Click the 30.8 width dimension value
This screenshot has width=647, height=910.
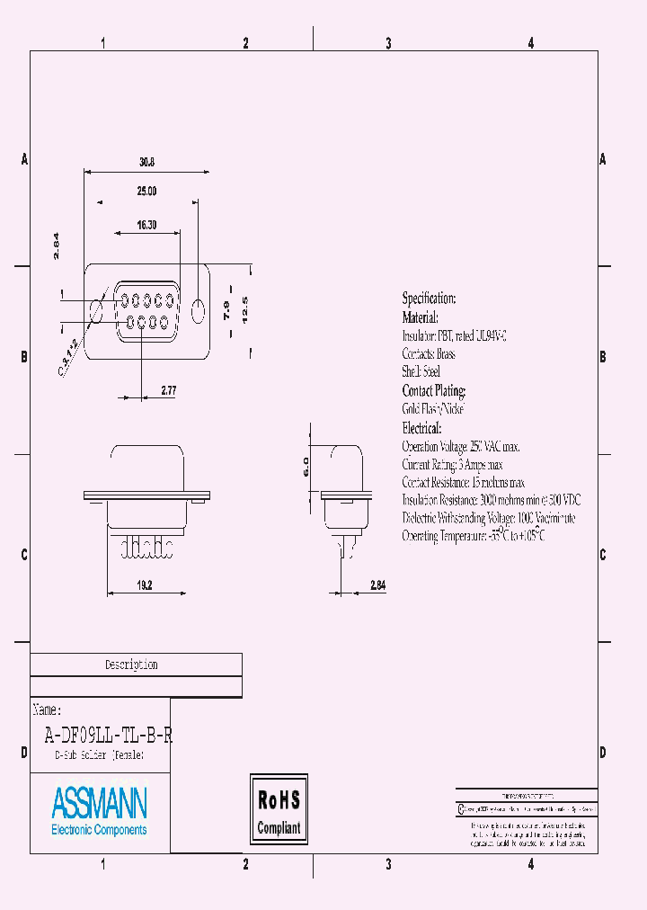[x=147, y=163]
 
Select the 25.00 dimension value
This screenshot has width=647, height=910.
[x=147, y=192]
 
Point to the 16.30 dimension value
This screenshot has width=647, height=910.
[x=147, y=225]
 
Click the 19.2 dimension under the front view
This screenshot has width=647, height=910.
[x=146, y=584]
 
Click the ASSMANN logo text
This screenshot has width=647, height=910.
[x=100, y=802]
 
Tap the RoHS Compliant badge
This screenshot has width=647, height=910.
[x=279, y=813]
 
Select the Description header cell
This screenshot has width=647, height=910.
[x=131, y=665]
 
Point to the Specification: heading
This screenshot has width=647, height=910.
[x=429, y=299]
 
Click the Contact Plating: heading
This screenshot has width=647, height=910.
[x=434, y=391]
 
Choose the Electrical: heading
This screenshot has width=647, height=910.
[x=421, y=428]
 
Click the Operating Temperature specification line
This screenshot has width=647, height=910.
[x=474, y=536]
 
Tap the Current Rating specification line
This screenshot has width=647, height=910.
[x=452, y=465]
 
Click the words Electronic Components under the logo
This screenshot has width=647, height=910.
[x=99, y=830]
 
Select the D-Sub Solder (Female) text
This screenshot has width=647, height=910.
[x=99, y=756]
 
